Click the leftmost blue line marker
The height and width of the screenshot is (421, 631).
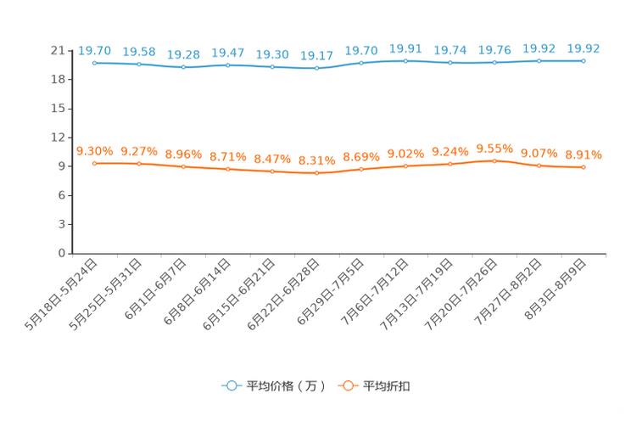click(x=95, y=63)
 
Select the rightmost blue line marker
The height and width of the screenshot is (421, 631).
click(x=584, y=60)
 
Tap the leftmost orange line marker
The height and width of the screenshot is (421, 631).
click(x=95, y=163)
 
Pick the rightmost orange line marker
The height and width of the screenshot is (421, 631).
click(x=584, y=167)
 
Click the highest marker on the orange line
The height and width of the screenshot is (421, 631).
click(x=495, y=160)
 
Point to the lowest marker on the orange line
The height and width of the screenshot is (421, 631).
click(x=317, y=173)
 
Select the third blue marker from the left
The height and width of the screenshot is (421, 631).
click(x=184, y=66)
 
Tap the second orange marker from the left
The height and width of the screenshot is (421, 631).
click(x=139, y=163)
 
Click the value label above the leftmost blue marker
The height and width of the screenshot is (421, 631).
click(x=95, y=50)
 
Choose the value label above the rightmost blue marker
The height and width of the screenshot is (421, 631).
click(x=584, y=48)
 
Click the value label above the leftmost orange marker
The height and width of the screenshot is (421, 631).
click(x=95, y=151)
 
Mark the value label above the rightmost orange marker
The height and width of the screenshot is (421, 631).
click(x=584, y=154)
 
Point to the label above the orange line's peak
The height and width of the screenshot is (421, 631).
click(x=495, y=149)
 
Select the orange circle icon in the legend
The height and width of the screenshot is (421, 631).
click(x=347, y=385)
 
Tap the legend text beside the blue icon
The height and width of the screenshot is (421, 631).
click(x=285, y=386)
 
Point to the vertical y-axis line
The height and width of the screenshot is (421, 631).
click(x=72, y=153)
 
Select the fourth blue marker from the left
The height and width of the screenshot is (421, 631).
click(x=228, y=65)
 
